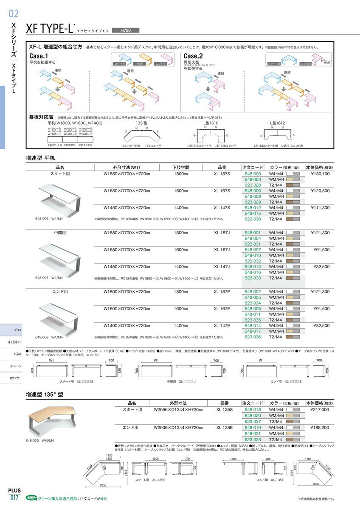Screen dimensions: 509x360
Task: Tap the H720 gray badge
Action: [x=125, y=30]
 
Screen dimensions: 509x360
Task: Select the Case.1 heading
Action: [x=39, y=56]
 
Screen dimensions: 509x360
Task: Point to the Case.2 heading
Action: [x=193, y=56]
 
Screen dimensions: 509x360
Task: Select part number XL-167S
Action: [x=222, y=191]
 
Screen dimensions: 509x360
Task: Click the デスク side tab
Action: [x=18, y=330]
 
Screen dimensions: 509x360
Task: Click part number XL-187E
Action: [x=222, y=292]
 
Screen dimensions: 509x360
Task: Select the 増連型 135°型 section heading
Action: [x=45, y=394]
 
